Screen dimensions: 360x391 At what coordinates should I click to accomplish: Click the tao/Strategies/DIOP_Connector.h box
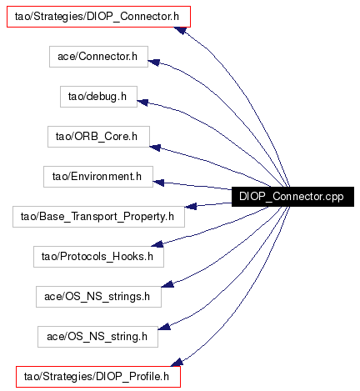point(98,17)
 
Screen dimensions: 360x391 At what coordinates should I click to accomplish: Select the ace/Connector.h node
point(98,57)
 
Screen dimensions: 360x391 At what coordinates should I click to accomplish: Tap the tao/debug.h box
point(98,97)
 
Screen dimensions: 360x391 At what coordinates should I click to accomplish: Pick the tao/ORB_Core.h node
point(98,137)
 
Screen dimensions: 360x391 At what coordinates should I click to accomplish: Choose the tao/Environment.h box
point(98,177)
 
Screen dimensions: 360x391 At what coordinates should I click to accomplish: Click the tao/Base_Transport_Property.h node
point(98,217)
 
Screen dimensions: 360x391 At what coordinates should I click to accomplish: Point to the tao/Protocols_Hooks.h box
point(98,257)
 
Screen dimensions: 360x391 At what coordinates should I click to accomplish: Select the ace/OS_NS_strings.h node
point(98,297)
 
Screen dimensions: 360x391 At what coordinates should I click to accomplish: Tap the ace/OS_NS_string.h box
point(97,337)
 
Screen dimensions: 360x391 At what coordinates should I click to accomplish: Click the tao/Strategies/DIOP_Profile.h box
point(98,377)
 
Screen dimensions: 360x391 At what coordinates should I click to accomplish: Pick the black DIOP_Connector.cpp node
point(292,197)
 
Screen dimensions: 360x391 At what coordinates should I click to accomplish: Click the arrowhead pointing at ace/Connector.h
point(153,63)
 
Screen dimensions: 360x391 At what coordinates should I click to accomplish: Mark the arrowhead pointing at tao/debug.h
point(142,103)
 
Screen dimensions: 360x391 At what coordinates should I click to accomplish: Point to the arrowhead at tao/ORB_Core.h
point(155,148)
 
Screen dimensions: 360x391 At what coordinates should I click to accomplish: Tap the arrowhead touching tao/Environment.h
point(158,183)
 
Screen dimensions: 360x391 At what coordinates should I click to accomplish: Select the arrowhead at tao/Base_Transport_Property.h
point(191,206)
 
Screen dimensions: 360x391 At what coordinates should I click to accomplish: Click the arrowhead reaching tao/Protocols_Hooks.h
point(157,244)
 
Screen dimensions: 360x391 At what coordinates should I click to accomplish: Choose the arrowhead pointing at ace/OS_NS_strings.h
point(167,284)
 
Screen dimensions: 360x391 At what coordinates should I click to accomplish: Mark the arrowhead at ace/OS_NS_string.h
point(164,327)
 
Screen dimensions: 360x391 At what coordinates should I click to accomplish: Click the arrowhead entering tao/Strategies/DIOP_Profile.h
point(177,362)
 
